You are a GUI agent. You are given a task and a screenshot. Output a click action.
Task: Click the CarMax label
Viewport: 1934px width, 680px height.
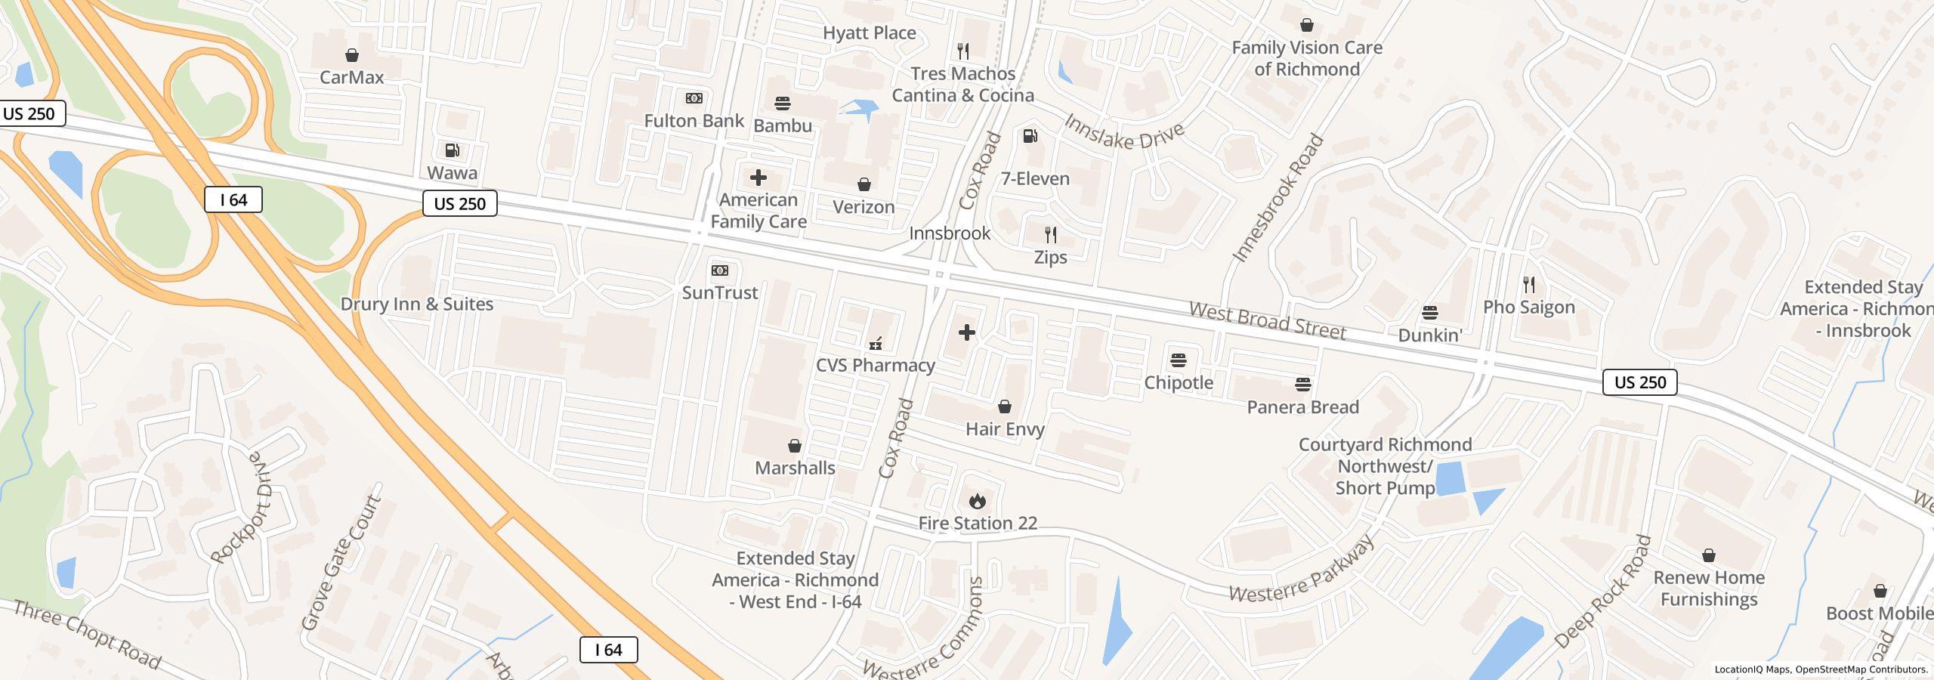[351, 77]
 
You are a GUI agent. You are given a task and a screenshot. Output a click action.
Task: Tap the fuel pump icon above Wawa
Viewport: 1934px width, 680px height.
[452, 150]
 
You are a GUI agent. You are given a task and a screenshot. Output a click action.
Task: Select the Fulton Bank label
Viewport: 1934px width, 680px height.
[694, 121]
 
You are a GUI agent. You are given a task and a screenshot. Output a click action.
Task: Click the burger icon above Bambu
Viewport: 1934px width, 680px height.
[782, 104]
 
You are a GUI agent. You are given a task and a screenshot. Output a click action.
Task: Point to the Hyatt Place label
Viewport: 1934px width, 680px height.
[869, 33]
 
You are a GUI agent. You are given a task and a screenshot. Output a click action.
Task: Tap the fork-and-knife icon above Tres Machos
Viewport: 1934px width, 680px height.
[962, 51]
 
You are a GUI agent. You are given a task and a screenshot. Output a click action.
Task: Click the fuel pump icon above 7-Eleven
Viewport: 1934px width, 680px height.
[1030, 136]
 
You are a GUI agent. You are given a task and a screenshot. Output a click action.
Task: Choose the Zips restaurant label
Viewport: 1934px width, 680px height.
[1050, 258]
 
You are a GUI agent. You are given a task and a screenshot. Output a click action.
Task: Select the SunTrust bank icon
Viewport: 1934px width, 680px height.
[719, 270]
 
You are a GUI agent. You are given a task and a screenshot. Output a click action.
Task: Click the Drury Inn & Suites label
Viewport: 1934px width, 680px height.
[416, 304]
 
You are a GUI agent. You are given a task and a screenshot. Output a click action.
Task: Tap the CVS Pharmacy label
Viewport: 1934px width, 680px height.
[875, 366]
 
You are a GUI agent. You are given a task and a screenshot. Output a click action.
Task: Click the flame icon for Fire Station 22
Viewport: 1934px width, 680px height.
[977, 501]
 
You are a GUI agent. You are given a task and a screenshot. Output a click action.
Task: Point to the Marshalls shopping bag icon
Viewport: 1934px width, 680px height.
[794, 446]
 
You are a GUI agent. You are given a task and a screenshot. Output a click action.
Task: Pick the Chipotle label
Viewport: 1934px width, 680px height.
[1178, 383]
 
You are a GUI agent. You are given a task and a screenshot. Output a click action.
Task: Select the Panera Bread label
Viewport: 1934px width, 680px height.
[1302, 407]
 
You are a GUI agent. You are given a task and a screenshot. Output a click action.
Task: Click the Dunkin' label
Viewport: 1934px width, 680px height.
[1429, 335]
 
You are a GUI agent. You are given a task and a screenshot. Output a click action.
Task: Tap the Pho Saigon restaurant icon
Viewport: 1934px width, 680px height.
[1528, 285]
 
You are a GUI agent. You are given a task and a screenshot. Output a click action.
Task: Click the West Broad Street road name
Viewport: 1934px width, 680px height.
[1267, 321]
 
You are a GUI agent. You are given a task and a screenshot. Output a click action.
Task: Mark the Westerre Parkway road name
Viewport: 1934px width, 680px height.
[1302, 571]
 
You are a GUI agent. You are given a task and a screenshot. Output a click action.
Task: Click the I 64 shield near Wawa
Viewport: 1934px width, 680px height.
[233, 200]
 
